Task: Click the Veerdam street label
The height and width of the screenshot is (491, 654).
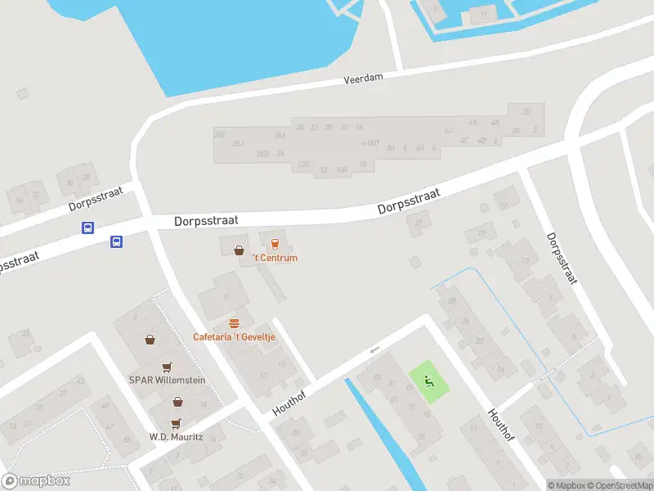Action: pos(362,80)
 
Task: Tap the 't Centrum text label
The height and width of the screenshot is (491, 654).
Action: pos(275,258)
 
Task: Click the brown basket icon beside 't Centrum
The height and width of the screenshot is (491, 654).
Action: pos(239,250)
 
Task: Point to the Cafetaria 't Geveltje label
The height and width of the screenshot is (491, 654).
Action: pos(234,336)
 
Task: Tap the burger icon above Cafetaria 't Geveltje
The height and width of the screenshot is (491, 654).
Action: pos(235,323)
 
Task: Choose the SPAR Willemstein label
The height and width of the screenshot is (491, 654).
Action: pos(167,381)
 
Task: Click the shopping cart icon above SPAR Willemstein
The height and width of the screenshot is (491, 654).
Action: pos(168,367)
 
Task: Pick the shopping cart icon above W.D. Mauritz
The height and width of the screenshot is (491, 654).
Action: pos(177,401)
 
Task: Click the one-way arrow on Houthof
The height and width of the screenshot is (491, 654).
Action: pos(375,350)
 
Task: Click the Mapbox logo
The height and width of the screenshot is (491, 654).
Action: pos(37,481)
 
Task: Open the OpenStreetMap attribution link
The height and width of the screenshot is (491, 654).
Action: pos(620,485)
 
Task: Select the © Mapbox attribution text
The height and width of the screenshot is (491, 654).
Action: pos(567,485)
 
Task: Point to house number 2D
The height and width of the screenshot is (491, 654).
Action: pos(527,112)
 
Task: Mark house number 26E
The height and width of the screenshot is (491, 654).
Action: pos(219,133)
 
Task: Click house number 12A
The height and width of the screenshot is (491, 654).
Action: pos(303,164)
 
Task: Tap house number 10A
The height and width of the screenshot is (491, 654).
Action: pos(342,169)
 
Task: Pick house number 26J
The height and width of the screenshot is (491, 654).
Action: pos(238,143)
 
